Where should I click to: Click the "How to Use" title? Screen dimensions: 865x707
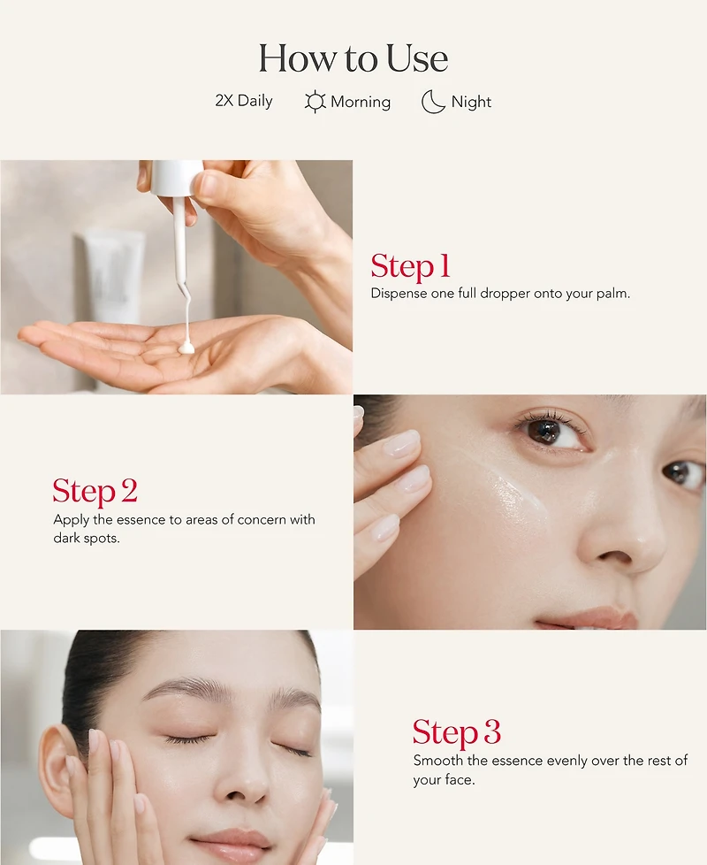tap(353, 59)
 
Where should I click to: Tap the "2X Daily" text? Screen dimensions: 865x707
tap(243, 101)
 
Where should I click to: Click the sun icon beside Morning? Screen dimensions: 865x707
tap(315, 102)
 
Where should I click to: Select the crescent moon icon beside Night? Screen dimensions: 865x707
tap(433, 102)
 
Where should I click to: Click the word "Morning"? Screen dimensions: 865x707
tap(361, 102)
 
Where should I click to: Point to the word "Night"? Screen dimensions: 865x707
tap(471, 102)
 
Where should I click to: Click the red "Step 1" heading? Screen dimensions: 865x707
tap(410, 266)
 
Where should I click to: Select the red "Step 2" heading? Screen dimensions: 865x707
tap(95, 491)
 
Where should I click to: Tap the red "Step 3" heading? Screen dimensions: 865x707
tap(456, 732)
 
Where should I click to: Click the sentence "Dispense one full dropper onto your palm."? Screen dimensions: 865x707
tap(500, 294)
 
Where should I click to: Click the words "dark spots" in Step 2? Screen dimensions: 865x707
tap(86, 538)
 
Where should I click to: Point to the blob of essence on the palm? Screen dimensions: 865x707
tap(186, 348)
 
